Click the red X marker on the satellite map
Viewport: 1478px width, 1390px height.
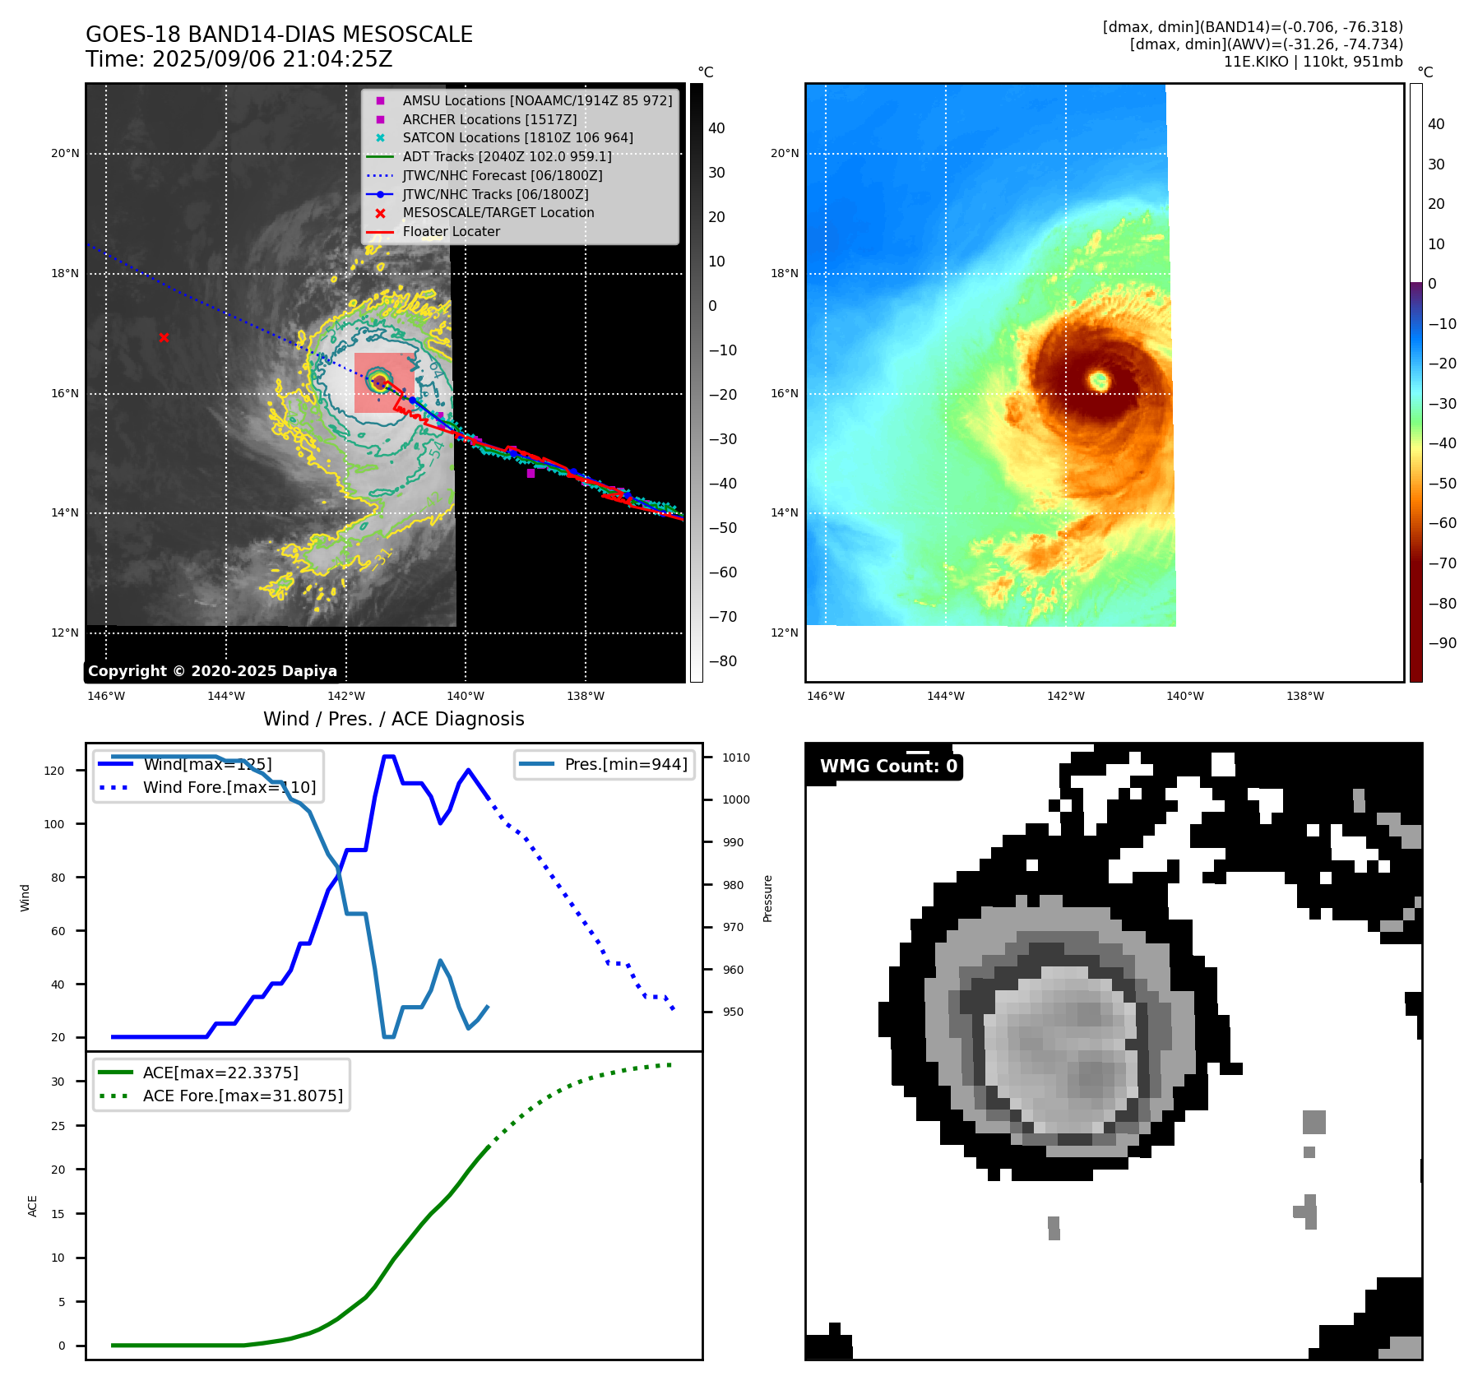[164, 337]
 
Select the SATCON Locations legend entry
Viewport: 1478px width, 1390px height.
[517, 137]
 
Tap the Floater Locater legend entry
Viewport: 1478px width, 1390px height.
[451, 231]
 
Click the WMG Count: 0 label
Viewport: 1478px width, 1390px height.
[888, 766]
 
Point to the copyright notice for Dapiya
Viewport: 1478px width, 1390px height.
[212, 671]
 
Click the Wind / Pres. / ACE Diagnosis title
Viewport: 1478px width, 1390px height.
[393, 719]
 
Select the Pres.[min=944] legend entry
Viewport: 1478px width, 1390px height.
[625, 764]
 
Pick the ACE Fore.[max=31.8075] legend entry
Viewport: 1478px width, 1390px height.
[243, 1096]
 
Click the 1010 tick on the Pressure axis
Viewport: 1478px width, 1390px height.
[736, 758]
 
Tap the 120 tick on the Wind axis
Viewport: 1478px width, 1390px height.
[54, 771]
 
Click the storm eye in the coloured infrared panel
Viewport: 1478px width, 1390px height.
[1100, 380]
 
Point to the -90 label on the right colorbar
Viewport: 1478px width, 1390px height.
[1442, 643]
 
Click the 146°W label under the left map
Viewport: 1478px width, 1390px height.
[106, 696]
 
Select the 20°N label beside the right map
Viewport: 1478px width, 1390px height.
[784, 153]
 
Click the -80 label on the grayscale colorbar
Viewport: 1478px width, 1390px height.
[723, 661]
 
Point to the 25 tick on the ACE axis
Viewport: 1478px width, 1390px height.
[58, 1126]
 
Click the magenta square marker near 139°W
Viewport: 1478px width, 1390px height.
[531, 473]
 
